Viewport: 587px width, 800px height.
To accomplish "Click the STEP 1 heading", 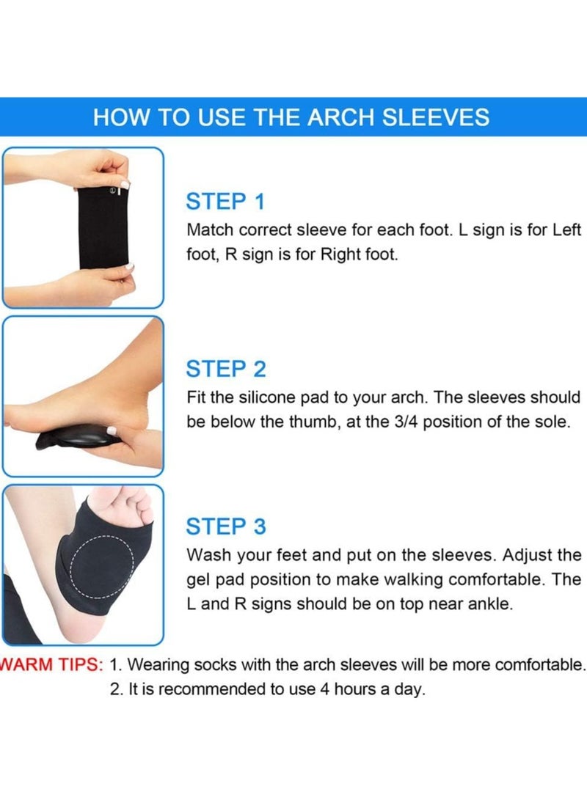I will (225, 202).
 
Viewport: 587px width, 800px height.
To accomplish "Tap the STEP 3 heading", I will (226, 526).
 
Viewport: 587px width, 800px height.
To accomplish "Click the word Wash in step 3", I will (208, 554).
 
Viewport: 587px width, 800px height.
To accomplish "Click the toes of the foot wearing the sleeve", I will (128, 506).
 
